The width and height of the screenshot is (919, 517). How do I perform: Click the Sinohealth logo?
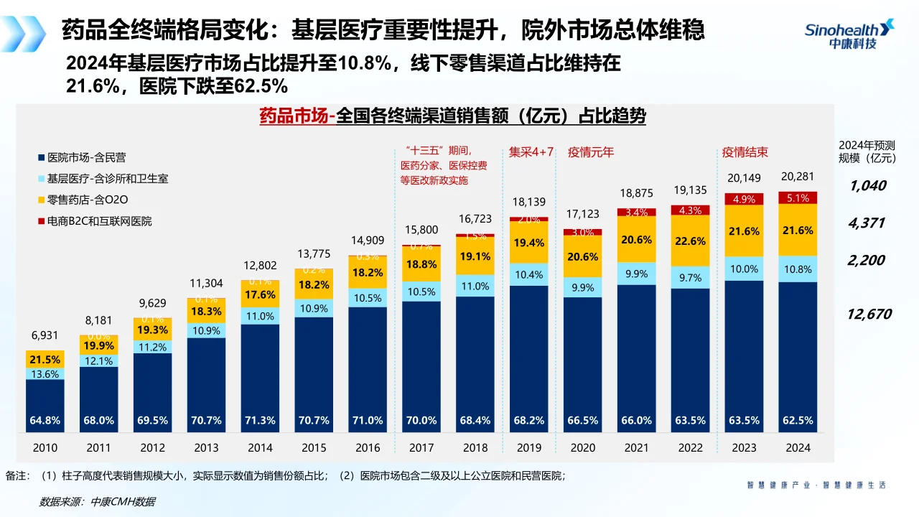tap(849, 34)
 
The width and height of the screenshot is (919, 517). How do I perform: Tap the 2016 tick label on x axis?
tap(368, 447)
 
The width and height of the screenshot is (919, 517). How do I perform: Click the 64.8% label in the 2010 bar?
tap(45, 420)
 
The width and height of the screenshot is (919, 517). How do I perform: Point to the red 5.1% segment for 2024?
tap(798, 198)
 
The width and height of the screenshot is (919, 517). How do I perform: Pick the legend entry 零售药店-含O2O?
tap(88, 200)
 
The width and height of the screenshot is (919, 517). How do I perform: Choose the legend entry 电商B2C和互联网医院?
tap(99, 221)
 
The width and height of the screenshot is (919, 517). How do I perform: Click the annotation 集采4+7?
tap(531, 152)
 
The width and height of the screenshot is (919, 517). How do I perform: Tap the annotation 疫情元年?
tap(591, 152)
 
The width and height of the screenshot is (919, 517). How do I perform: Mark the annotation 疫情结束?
tap(745, 152)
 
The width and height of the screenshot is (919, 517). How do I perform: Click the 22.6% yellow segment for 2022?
tap(691, 241)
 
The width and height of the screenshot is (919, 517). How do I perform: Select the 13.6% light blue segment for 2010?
tap(45, 373)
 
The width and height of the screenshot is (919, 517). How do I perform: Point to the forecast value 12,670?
tap(869, 314)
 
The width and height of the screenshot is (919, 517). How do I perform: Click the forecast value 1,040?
tap(867, 186)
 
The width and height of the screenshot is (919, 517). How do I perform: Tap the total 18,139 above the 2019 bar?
tap(529, 202)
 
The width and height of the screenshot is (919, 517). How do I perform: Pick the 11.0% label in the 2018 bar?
tap(475, 286)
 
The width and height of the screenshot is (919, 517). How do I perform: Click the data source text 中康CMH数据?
tap(122, 501)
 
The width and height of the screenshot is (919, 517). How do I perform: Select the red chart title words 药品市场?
tap(294, 116)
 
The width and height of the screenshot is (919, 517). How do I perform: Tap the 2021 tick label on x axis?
tap(637, 447)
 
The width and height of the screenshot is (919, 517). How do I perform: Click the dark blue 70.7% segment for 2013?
tap(206, 381)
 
